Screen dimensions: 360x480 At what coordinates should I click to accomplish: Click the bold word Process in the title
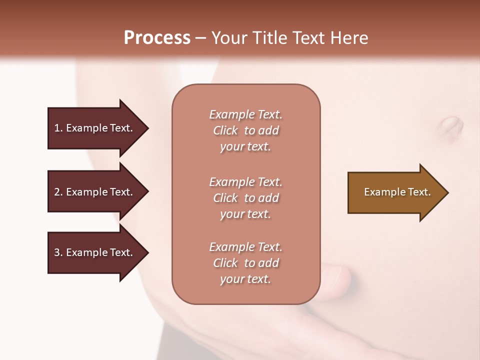pyautogui.click(x=157, y=38)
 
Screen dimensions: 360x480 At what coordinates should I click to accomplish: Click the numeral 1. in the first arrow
pyautogui.click(x=58, y=128)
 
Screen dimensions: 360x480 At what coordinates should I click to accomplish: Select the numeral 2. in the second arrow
pyautogui.click(x=58, y=192)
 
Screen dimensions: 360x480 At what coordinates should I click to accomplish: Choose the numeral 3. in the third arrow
pyautogui.click(x=58, y=252)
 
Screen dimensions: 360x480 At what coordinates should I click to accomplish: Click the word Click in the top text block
pyautogui.click(x=225, y=130)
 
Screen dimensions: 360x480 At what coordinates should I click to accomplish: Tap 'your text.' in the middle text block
pyautogui.click(x=245, y=214)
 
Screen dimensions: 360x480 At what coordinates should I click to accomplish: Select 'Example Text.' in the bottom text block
pyautogui.click(x=245, y=247)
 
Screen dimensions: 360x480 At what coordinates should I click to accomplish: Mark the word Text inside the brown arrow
pyautogui.click(x=419, y=192)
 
